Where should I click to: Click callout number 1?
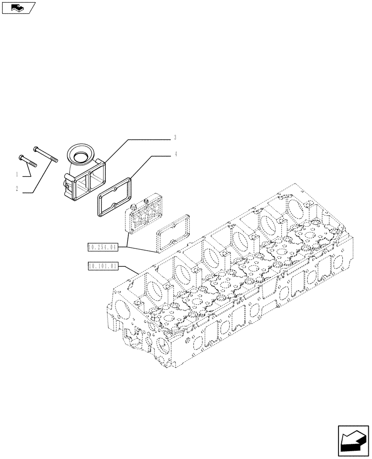(x=17, y=174)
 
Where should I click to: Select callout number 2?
(x=17, y=189)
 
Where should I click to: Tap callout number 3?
(x=175, y=137)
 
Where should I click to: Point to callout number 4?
(x=175, y=155)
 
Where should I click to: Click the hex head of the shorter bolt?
(x=21, y=157)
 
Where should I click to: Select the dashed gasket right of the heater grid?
(x=173, y=233)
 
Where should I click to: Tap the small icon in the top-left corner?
(x=18, y=7)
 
